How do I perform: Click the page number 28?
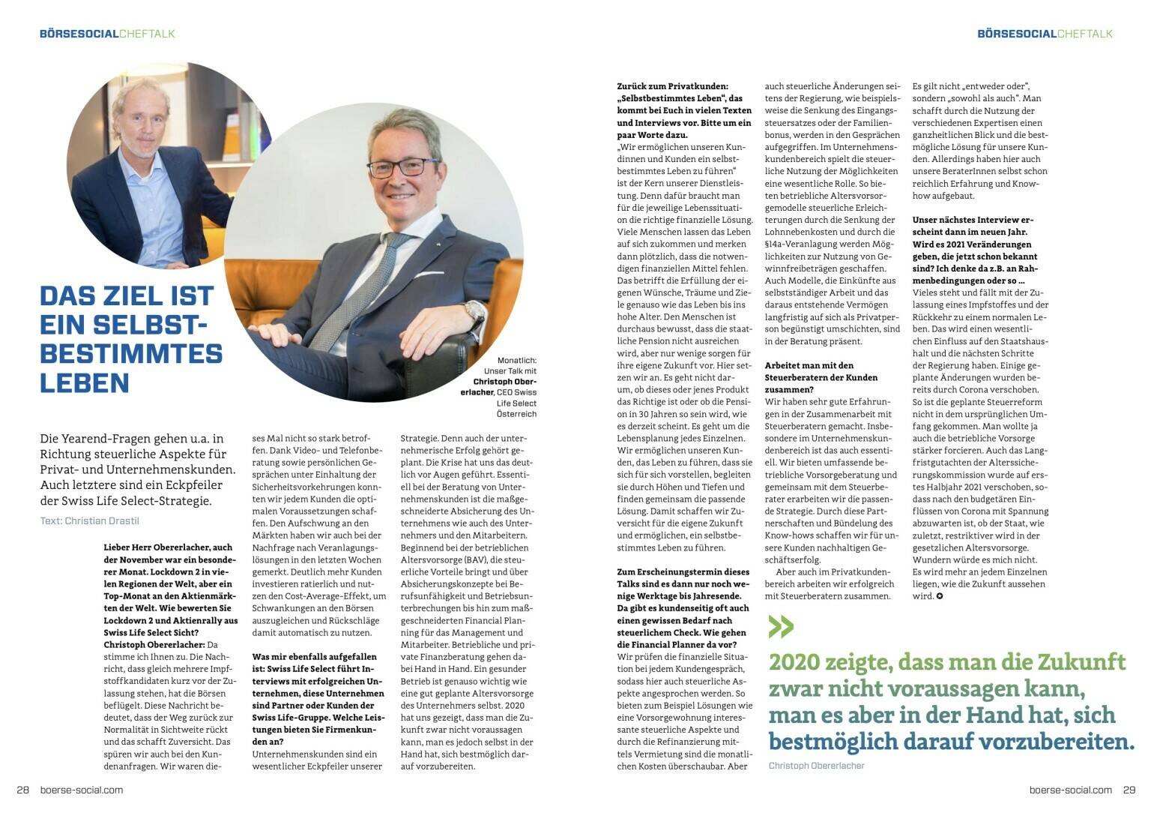[22, 790]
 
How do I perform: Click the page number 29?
[1129, 790]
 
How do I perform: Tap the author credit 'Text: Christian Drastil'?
[90, 520]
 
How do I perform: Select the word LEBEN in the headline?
[85, 382]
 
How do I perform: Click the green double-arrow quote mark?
[780, 626]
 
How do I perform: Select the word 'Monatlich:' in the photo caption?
[516, 361]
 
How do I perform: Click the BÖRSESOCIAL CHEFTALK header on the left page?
[107, 34]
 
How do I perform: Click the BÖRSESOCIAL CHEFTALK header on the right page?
[1045, 34]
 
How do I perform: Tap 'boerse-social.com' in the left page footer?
[81, 790]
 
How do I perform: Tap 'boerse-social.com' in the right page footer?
[1071, 790]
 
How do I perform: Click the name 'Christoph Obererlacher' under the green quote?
[816, 766]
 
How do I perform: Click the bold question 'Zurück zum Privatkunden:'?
[672, 86]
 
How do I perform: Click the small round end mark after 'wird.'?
[940, 596]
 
